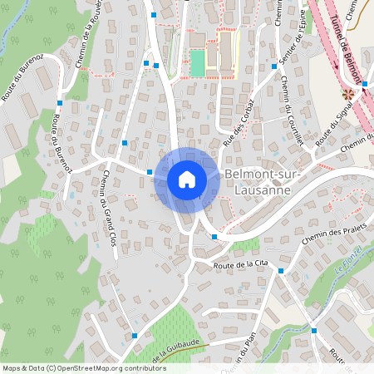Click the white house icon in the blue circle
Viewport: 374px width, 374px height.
tap(186, 179)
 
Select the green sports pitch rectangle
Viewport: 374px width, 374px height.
tap(197, 62)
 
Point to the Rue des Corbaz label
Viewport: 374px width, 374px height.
tap(238, 130)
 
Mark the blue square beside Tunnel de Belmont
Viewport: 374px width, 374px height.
tap(364, 84)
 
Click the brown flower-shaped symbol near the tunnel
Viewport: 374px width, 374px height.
tap(348, 94)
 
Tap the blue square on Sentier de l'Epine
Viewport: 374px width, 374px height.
tap(274, 66)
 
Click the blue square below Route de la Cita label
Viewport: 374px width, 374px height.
tap(281, 271)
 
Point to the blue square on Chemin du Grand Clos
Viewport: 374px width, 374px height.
tap(125, 143)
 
